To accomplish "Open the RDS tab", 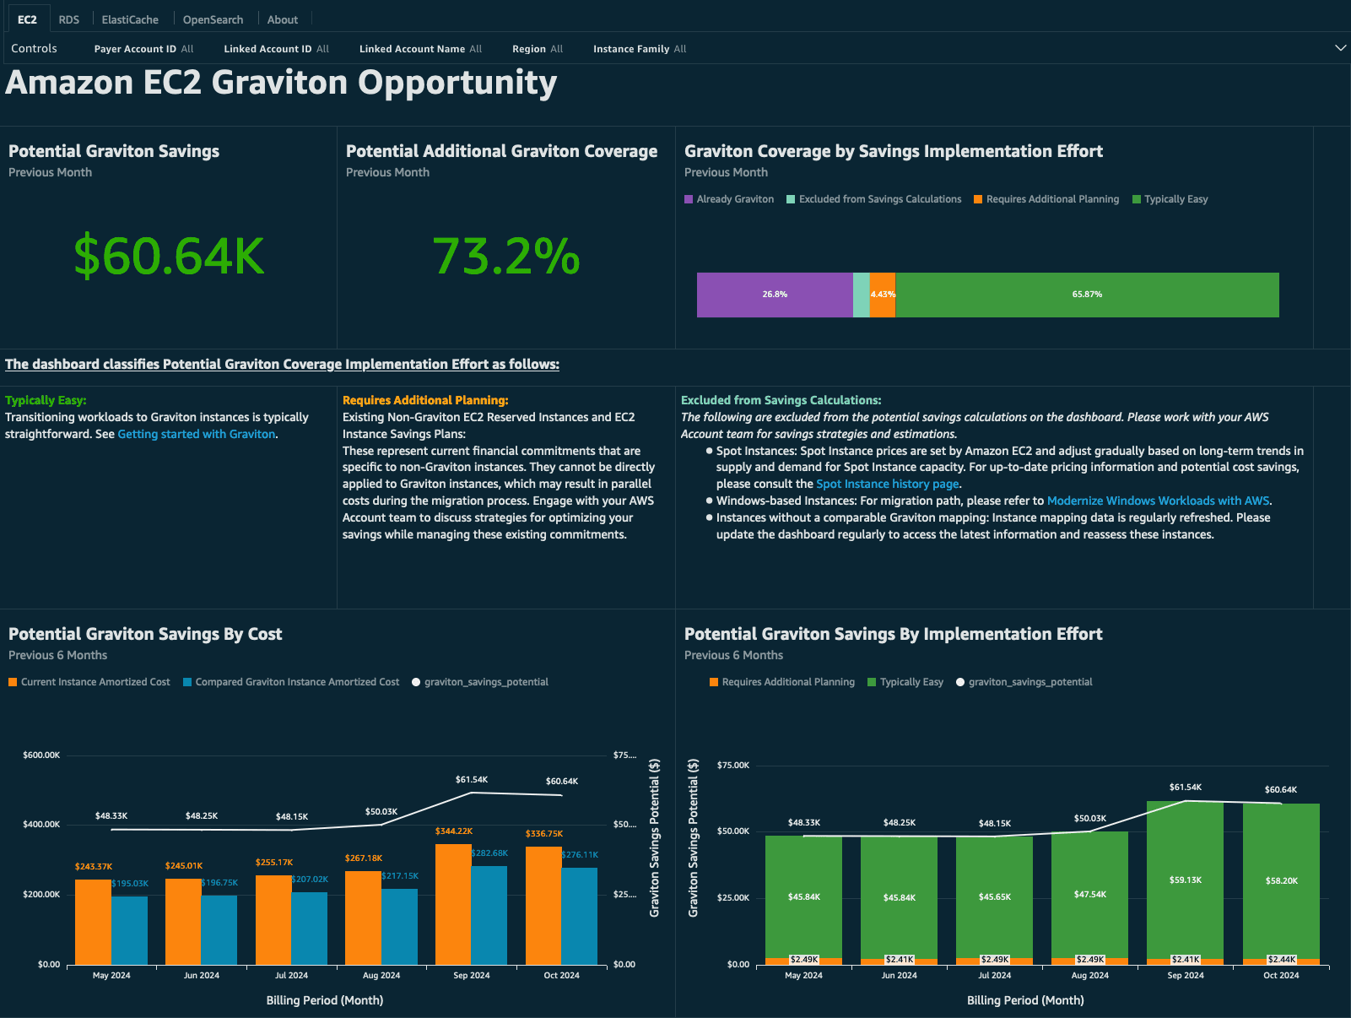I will coord(68,19).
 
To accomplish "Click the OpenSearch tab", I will coord(213,19).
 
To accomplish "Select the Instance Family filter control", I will coord(639,49).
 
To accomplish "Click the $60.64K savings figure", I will coord(169,257).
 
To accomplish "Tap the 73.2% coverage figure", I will coord(505,257).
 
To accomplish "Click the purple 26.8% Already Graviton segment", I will coord(774,295).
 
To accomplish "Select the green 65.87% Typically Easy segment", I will coord(1087,295).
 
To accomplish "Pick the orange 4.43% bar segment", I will coord(882,295).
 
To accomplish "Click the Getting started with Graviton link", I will coord(196,434).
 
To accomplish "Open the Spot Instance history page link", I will coord(887,484).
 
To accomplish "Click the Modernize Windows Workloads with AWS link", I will coord(1158,501).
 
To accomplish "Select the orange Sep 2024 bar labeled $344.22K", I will coord(453,903).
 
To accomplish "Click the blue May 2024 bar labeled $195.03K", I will coord(129,929).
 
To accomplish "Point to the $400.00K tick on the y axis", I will coord(41,824).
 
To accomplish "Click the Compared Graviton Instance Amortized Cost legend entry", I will coord(297,682).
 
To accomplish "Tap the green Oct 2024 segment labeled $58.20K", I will coord(1281,880).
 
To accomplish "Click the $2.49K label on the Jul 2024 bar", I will coord(994,960).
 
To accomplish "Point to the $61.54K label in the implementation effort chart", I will coord(1185,787).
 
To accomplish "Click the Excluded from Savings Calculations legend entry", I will coord(879,199).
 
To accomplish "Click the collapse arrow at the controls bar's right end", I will coord(1340,48).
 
